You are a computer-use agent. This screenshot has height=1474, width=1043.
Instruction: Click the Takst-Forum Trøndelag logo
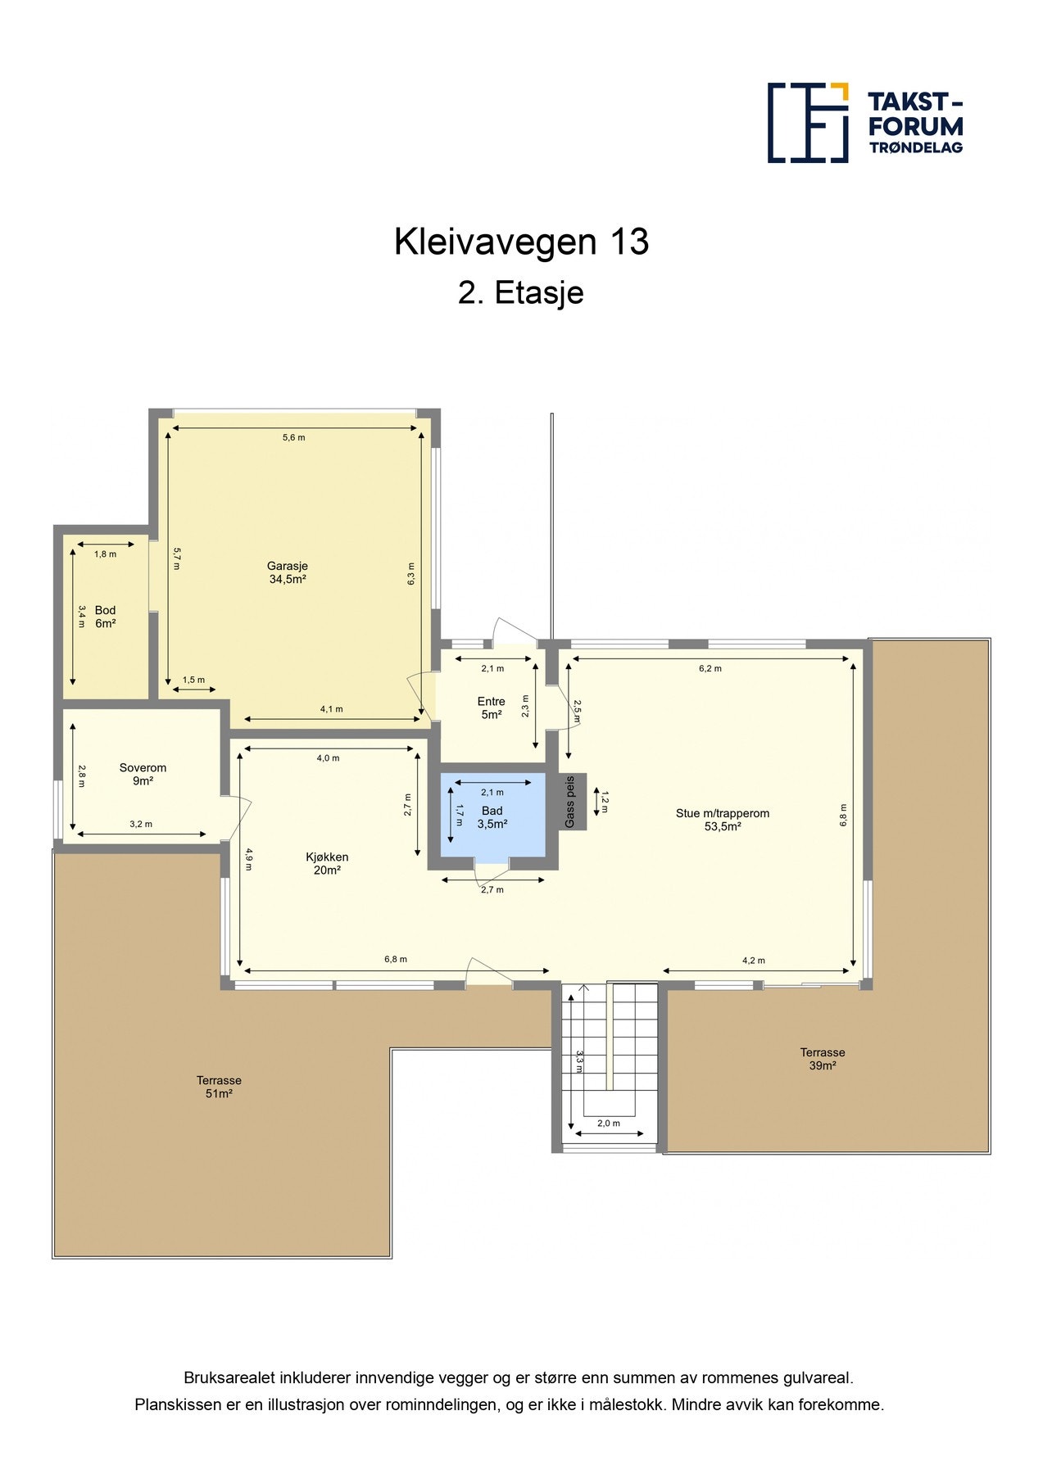coord(864,123)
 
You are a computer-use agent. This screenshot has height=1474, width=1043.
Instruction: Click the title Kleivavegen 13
coord(521,242)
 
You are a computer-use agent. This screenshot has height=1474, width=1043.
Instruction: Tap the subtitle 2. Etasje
coord(521,293)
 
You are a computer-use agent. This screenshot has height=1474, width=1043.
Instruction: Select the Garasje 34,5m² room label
coord(288,572)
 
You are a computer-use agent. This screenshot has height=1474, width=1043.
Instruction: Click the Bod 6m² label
coord(105,617)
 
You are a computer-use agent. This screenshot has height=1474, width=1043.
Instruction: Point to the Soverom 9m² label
coord(143,774)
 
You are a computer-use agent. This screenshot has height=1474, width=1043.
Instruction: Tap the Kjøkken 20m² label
coord(327,863)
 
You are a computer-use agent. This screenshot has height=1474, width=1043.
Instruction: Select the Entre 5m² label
coord(491,708)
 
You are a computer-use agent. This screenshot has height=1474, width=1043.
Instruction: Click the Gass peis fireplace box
coord(572,802)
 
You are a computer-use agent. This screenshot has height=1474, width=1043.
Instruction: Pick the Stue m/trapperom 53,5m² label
coord(722,820)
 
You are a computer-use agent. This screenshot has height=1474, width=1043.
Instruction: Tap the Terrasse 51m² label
coord(219,1087)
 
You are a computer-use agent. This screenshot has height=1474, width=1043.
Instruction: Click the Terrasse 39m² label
coord(822,1059)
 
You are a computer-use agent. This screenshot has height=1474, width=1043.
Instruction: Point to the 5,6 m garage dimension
coord(293,437)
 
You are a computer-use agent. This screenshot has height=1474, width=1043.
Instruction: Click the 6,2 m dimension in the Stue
coord(710,668)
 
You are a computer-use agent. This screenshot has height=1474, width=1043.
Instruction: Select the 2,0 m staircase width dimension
coord(608,1124)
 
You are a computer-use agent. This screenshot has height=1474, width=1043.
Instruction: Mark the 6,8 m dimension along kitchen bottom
coord(395,960)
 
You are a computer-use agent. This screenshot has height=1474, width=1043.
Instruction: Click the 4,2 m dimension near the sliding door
coord(753,961)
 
